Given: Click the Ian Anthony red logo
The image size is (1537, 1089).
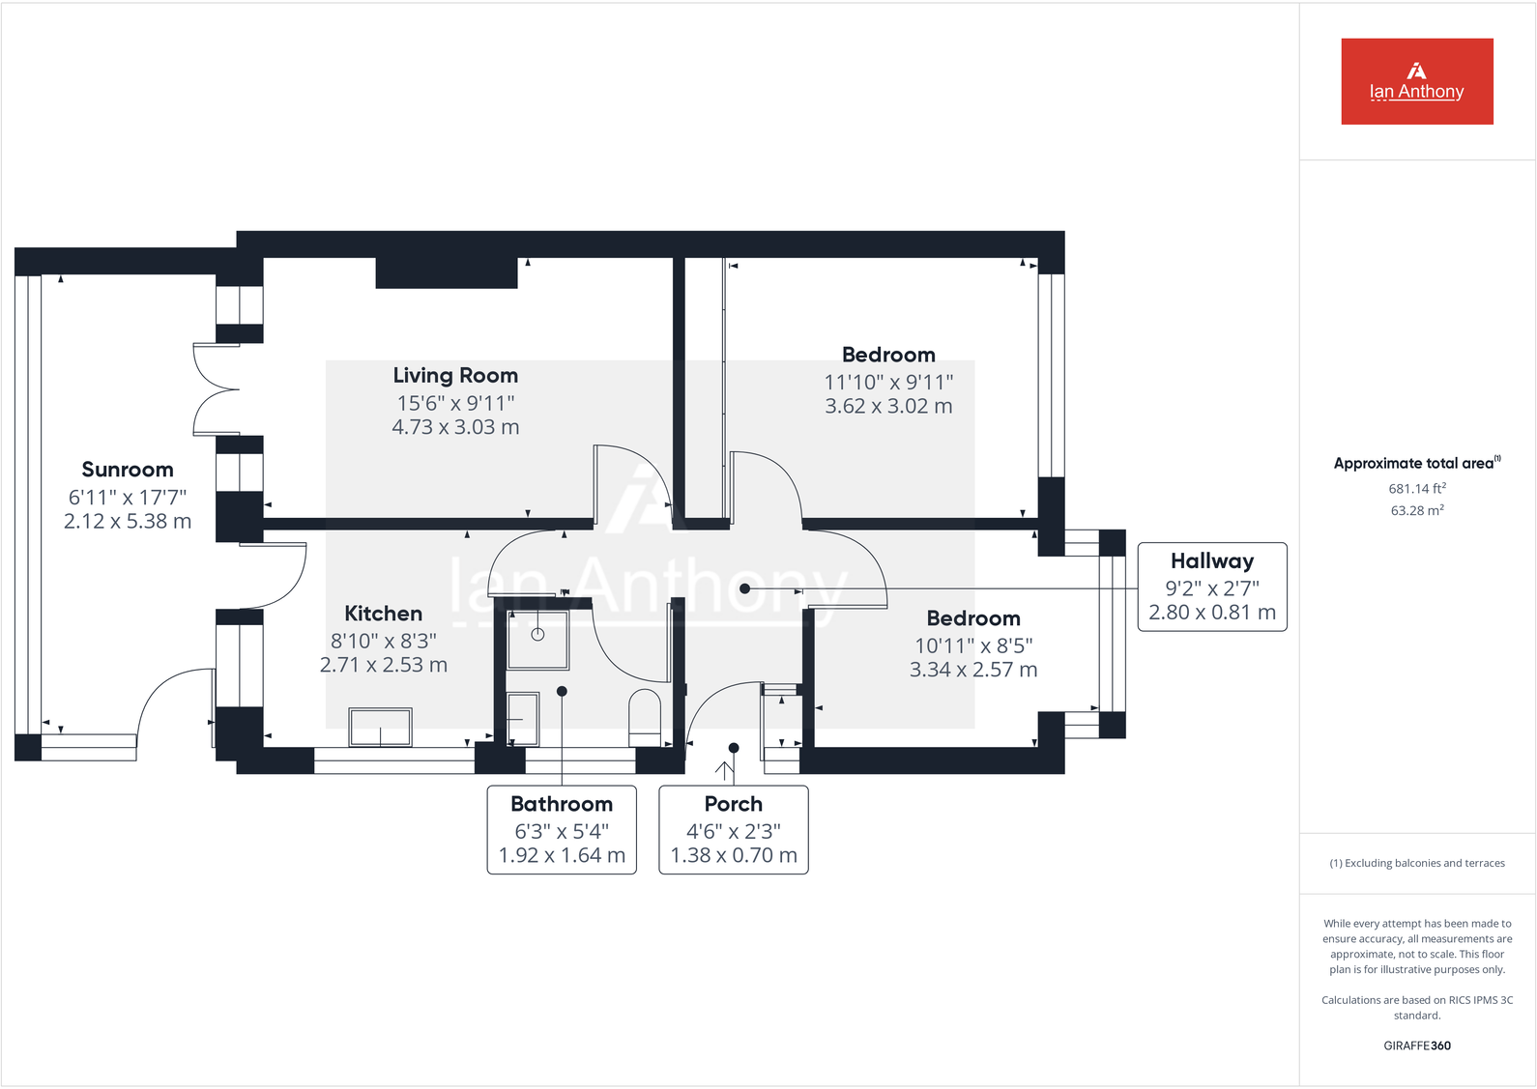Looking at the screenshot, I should [x=1416, y=81].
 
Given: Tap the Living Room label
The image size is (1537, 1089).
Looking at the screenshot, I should [x=455, y=376].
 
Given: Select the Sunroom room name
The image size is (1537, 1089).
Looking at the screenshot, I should [x=128, y=471].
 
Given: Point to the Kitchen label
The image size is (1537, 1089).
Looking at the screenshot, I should [x=384, y=614].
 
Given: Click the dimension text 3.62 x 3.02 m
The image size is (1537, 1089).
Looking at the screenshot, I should [x=888, y=407].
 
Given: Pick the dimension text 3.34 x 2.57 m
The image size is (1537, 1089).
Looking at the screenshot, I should [x=972, y=670].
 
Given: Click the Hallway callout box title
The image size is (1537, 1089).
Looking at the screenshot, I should [x=1212, y=561].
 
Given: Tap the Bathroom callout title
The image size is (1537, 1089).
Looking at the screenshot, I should [x=562, y=804].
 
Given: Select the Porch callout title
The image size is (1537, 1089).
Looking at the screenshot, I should [x=734, y=804].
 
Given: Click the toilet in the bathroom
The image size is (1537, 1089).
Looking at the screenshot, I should [x=645, y=717].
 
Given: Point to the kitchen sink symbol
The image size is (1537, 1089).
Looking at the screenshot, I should [x=381, y=728].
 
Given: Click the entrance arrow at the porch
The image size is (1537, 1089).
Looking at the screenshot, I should [x=724, y=771].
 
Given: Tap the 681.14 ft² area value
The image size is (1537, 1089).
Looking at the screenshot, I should [x=1417, y=489].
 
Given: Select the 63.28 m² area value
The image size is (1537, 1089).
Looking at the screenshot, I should [x=1417, y=510].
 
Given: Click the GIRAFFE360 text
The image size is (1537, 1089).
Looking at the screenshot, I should [x=1417, y=1046].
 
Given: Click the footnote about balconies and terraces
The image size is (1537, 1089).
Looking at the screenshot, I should [x=1417, y=863].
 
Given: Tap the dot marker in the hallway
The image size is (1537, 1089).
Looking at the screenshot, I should [x=744, y=588].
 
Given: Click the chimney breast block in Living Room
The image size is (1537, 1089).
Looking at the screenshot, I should [x=447, y=272].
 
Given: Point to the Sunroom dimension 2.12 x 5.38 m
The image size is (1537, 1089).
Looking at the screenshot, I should [x=128, y=522].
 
